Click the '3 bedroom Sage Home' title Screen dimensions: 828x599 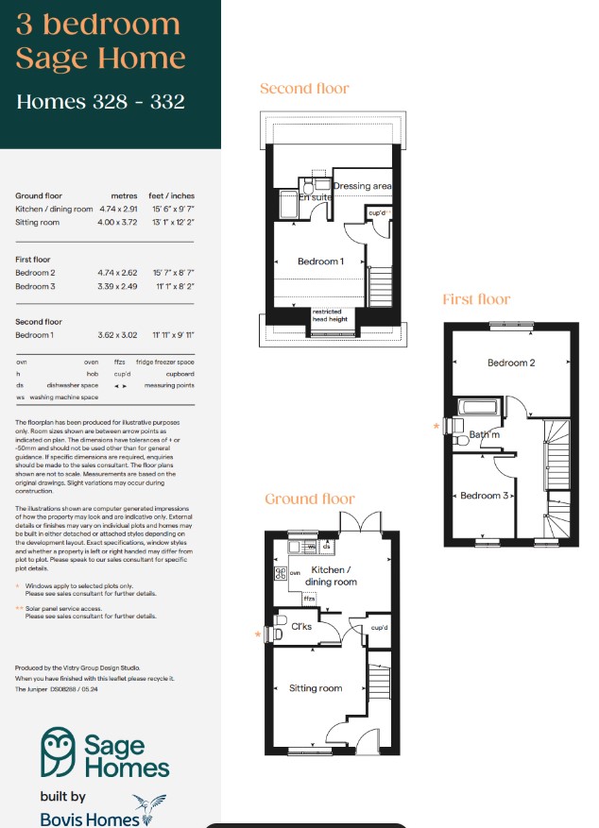pyautogui.click(x=99, y=42)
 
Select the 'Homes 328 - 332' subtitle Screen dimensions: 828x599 pyautogui.click(x=99, y=101)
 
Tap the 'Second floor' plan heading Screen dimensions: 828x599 pyautogui.click(x=304, y=89)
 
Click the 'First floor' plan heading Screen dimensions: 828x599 pyautogui.click(x=476, y=299)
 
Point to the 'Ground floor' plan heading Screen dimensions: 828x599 pyautogui.click(x=310, y=498)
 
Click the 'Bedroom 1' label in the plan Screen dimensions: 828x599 pyautogui.click(x=320, y=262)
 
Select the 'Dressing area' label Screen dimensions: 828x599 pyautogui.click(x=362, y=186)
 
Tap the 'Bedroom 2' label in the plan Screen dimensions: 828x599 pyautogui.click(x=511, y=363)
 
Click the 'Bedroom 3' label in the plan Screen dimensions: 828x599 pyautogui.click(x=485, y=496)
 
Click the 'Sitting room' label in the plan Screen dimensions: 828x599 pyautogui.click(x=316, y=688)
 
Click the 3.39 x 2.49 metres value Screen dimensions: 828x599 pyautogui.click(x=119, y=286)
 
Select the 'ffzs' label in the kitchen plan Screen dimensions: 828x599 pyautogui.click(x=308, y=598)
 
